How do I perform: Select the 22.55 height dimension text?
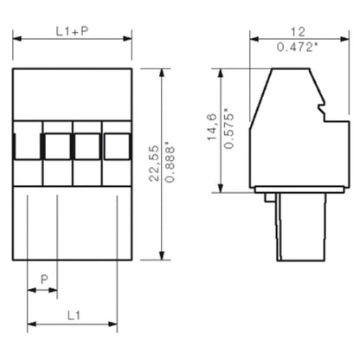click(153, 165)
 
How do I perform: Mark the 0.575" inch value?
click(228, 128)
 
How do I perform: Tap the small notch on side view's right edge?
click(325, 110)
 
